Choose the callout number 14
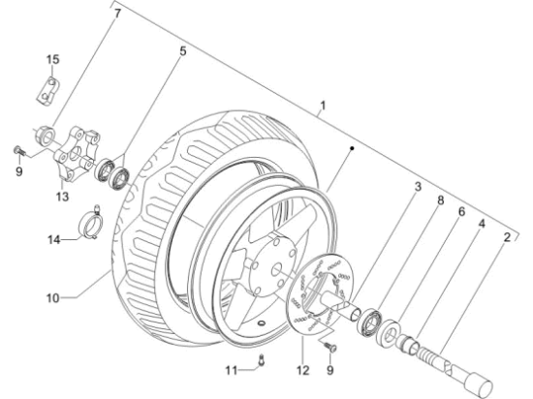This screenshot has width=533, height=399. (57, 238)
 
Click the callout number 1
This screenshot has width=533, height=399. (323, 104)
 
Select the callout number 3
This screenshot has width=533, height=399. (418, 186)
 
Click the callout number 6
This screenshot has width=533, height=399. (461, 213)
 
